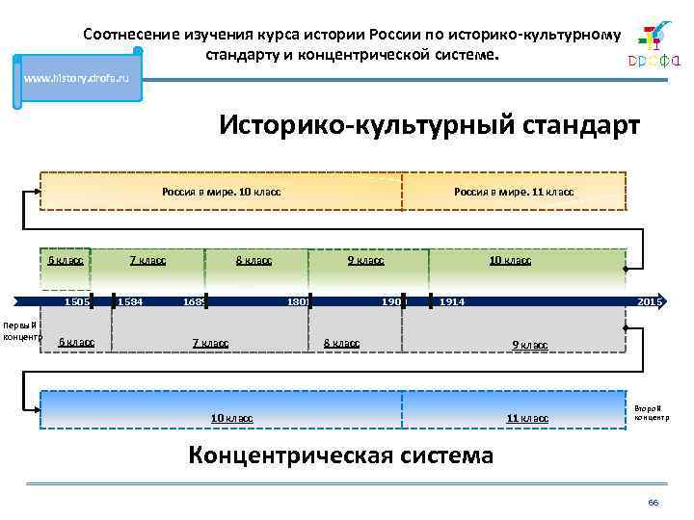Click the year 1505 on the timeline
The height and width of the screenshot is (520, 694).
click(x=77, y=302)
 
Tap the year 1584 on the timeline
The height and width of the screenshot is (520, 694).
click(x=130, y=302)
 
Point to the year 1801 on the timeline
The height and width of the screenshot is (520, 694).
click(x=298, y=302)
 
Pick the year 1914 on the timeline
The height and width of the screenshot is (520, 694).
click(x=452, y=302)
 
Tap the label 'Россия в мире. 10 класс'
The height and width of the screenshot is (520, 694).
click(x=221, y=192)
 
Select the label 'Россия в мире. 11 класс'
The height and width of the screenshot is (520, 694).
click(x=513, y=192)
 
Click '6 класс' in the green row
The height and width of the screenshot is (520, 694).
click(x=67, y=260)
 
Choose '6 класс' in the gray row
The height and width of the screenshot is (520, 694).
click(x=76, y=342)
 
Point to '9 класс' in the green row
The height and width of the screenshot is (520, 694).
click(x=365, y=260)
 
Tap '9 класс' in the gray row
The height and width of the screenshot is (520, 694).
click(x=529, y=345)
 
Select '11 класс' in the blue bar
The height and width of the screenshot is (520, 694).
click(x=527, y=418)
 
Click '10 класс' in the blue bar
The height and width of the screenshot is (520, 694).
click(x=231, y=418)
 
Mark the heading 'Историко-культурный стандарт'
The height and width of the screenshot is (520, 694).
click(x=428, y=126)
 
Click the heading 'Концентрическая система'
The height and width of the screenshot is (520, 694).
click(x=340, y=455)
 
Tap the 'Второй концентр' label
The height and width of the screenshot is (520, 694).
click(x=651, y=412)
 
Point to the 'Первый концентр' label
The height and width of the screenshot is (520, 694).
click(x=19, y=331)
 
